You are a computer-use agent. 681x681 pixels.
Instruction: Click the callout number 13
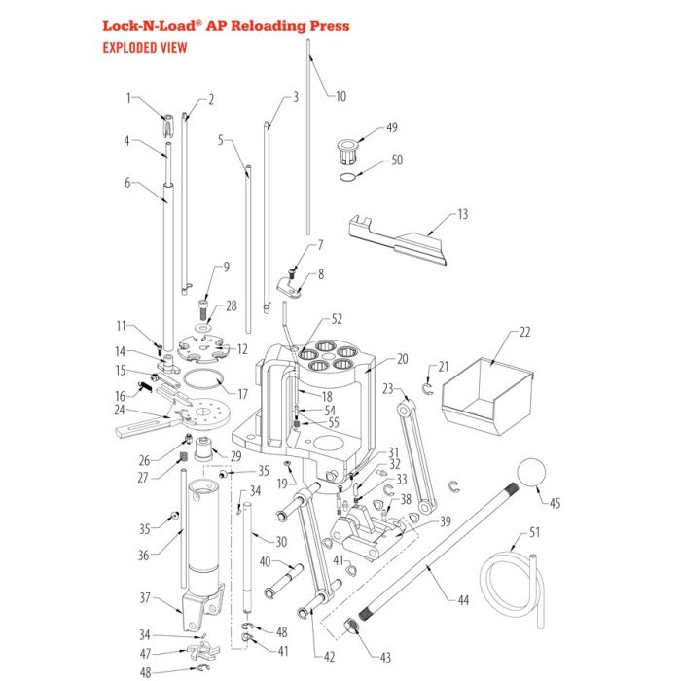pyautogui.click(x=462, y=213)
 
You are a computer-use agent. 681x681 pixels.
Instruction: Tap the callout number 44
pyautogui.click(x=463, y=600)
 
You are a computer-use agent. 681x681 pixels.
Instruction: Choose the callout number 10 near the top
pyautogui.click(x=340, y=96)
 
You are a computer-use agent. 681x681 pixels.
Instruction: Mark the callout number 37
pyautogui.click(x=144, y=597)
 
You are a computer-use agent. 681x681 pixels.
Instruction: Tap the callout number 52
pyautogui.click(x=337, y=318)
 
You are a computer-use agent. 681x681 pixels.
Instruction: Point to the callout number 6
pyautogui.click(x=126, y=182)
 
